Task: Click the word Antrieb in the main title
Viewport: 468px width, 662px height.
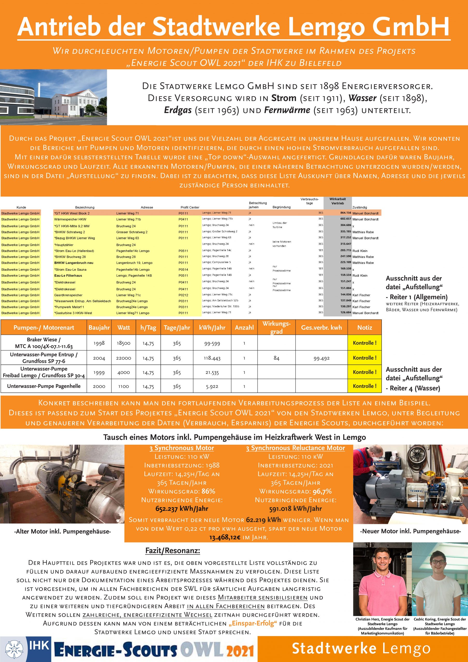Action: [59, 27]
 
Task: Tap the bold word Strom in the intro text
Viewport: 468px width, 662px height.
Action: [284, 98]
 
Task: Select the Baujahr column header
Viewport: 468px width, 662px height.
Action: [99, 328]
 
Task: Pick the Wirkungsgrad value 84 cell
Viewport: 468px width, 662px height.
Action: [276, 358]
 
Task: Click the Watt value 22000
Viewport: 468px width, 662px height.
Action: [123, 358]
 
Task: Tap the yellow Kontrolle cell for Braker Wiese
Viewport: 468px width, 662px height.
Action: [364, 343]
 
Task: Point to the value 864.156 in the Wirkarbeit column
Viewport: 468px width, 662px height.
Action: [345, 213]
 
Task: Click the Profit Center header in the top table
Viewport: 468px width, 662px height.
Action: [189, 207]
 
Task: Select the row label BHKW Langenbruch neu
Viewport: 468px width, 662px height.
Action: [74, 263]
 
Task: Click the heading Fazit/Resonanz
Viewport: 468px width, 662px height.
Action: [173, 551]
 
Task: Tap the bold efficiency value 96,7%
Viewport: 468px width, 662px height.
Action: [320, 491]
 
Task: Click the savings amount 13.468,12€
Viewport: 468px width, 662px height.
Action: [225, 537]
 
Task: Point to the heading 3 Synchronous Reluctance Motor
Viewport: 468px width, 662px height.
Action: [295, 448]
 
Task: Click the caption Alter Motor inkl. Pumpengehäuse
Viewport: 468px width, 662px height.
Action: [62, 531]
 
